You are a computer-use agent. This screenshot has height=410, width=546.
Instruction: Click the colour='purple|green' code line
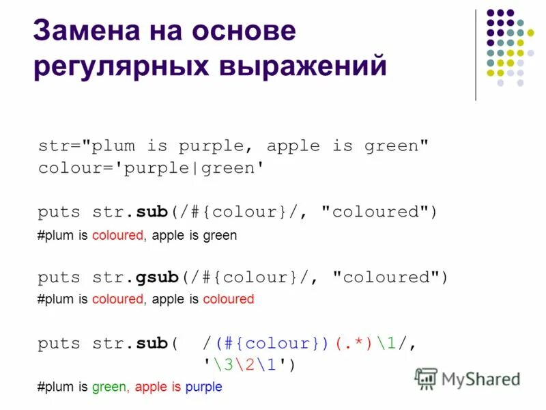(151, 167)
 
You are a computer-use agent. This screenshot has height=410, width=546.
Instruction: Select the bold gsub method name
(157, 277)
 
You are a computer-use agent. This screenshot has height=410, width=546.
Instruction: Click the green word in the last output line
(109, 387)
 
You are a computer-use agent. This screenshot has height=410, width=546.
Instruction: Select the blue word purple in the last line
(203, 387)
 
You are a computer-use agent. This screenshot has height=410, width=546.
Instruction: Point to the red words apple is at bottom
(158, 387)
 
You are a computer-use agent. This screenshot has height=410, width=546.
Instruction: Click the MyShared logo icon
(426, 378)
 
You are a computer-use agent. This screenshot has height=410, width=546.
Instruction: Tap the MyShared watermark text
(480, 379)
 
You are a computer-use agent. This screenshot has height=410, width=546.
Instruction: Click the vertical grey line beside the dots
(476, 55)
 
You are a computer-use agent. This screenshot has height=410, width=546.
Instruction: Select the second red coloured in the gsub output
(228, 299)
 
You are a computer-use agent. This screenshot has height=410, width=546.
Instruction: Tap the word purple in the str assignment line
(210, 146)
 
